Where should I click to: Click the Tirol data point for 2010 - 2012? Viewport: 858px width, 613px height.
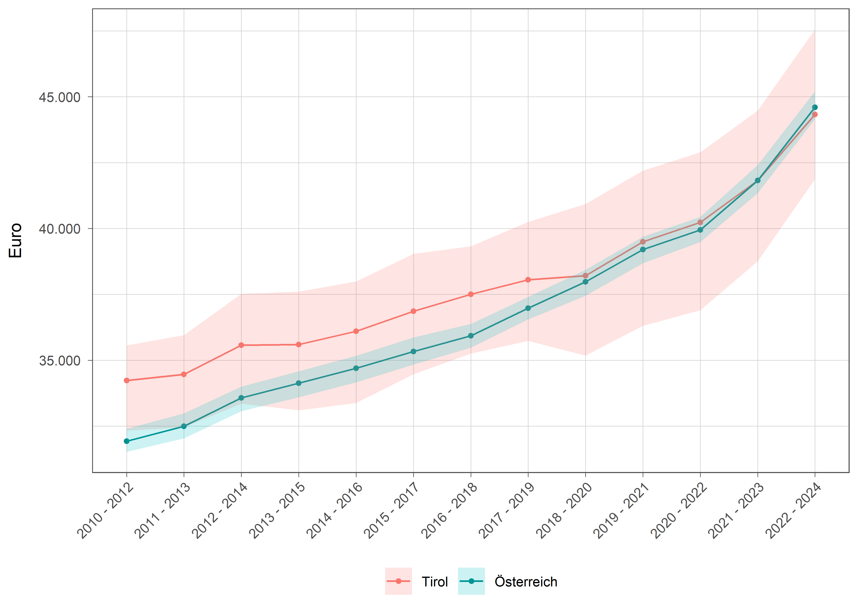coord(126,380)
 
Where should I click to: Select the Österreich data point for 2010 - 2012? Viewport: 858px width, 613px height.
coord(126,441)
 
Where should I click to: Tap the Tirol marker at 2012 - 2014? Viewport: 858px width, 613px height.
coord(241,345)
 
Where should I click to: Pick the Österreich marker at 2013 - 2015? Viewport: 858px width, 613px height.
coord(299,383)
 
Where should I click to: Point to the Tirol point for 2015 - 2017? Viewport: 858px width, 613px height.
coord(413,311)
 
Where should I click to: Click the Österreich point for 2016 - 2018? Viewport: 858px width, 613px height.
coord(471,336)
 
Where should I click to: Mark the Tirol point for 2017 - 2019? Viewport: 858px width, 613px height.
coord(528,280)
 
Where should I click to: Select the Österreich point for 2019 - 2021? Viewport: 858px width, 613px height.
coord(643,249)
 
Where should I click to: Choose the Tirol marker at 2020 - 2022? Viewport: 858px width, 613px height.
coord(700,222)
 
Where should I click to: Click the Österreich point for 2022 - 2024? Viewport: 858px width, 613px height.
coord(815,107)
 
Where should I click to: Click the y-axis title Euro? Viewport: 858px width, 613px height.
coord(16,241)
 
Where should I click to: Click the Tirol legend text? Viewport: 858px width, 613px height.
coord(435,582)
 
